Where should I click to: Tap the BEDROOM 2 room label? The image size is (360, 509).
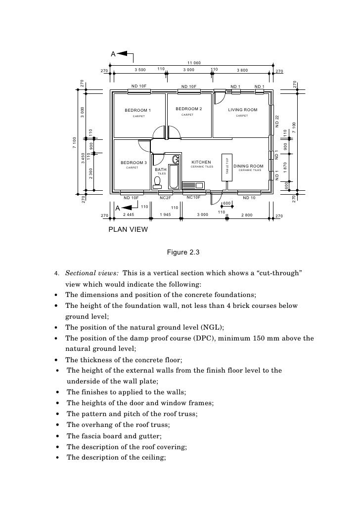pos(188,109)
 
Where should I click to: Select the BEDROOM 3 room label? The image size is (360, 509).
pos(134,163)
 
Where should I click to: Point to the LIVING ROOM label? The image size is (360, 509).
pos(242,110)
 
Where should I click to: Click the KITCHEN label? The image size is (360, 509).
pos(201,162)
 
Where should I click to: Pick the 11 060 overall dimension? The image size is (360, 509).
pos(194,63)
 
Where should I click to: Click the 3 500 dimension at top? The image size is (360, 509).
pos(140,71)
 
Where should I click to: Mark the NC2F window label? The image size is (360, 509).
pos(165,198)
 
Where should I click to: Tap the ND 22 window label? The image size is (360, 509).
pos(277,121)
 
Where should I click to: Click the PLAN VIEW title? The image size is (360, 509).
pos(128,230)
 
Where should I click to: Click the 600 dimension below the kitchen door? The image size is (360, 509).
pos(227,204)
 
